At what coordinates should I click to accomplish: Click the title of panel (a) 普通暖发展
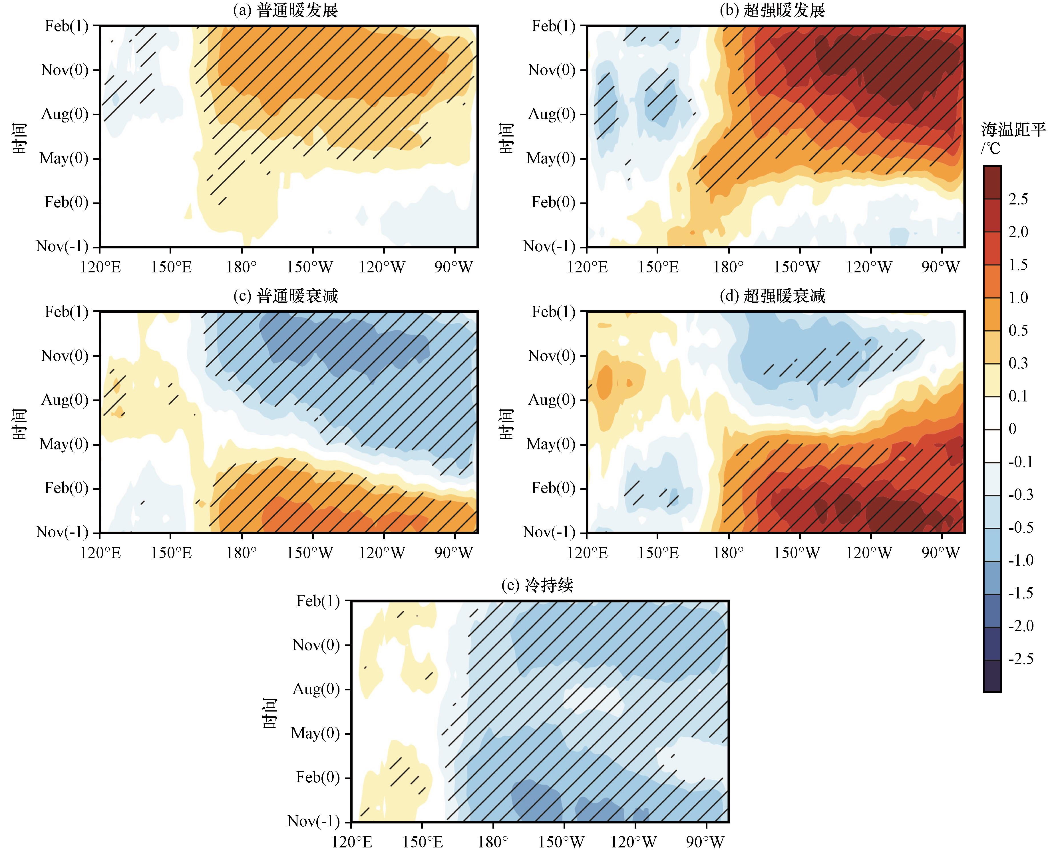[x=285, y=10]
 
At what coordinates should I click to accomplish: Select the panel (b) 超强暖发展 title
[x=772, y=10]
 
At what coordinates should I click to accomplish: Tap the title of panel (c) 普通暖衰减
[x=285, y=296]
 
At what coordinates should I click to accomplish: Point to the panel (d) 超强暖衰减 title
[x=772, y=296]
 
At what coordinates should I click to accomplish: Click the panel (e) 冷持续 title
[x=537, y=585]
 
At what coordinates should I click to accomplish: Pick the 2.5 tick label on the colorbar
[x=1018, y=199]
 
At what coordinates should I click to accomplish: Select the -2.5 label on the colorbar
[x=1021, y=659]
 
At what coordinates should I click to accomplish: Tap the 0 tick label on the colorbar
[x=1012, y=429]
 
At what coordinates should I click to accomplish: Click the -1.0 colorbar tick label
[x=1021, y=560]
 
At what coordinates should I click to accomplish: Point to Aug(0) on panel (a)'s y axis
[x=65, y=114]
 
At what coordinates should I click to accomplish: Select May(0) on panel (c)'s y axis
[x=64, y=444]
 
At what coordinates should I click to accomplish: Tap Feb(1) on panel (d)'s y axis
[x=554, y=312]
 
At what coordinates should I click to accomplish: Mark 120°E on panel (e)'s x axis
[x=352, y=842]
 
